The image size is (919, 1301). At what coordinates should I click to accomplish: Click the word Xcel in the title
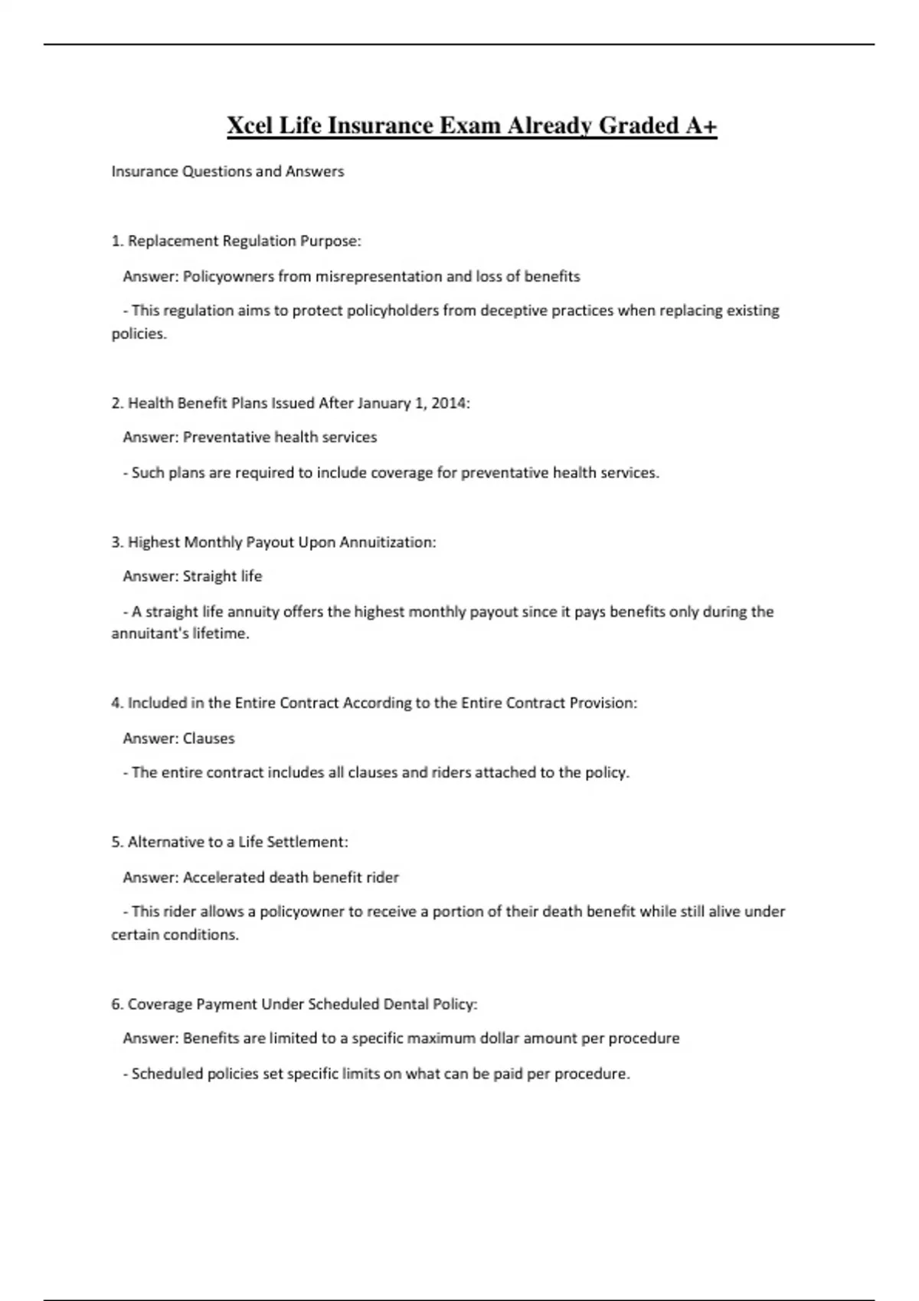[x=250, y=126]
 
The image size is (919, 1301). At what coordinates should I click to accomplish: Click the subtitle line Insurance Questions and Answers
[x=227, y=171]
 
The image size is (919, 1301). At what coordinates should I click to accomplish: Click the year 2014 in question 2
[x=449, y=403]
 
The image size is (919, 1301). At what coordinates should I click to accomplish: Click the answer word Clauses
[x=208, y=739]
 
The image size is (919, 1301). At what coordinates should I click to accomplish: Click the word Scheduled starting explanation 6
[x=166, y=1074]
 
